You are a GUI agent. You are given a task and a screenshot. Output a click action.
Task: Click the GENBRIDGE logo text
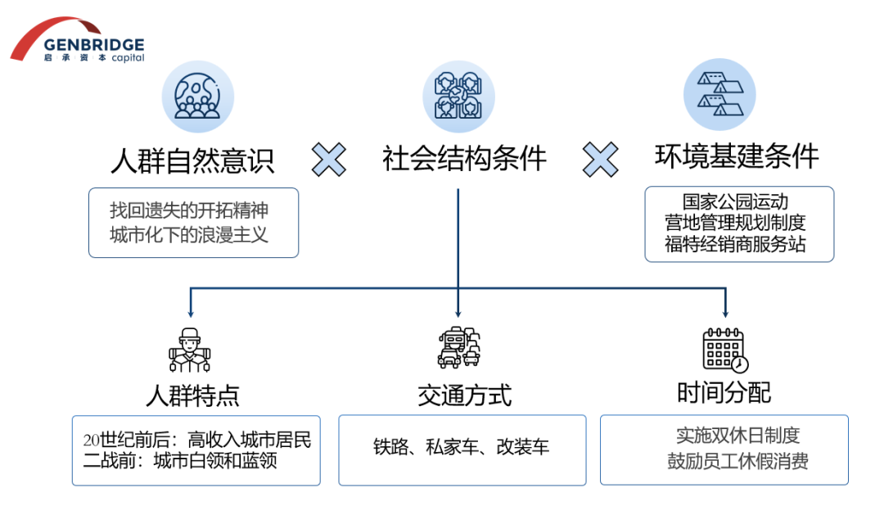tap(94, 45)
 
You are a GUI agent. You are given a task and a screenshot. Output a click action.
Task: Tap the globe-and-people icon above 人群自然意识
tap(197, 97)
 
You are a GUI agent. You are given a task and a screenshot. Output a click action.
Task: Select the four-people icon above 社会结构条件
tap(458, 97)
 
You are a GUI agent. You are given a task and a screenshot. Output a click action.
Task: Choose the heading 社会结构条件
tap(464, 158)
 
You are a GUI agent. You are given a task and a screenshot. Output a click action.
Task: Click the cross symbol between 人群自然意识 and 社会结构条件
tap(329, 159)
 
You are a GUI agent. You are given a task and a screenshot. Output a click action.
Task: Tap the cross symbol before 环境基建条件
tap(600, 158)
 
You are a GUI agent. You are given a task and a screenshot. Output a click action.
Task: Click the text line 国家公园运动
tap(736, 201)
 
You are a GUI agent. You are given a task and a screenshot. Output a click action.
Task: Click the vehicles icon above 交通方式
tap(458, 349)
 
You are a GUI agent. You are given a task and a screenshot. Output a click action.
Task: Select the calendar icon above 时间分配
tap(725, 350)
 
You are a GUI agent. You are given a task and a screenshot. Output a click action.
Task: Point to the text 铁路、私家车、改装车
tap(462, 447)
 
